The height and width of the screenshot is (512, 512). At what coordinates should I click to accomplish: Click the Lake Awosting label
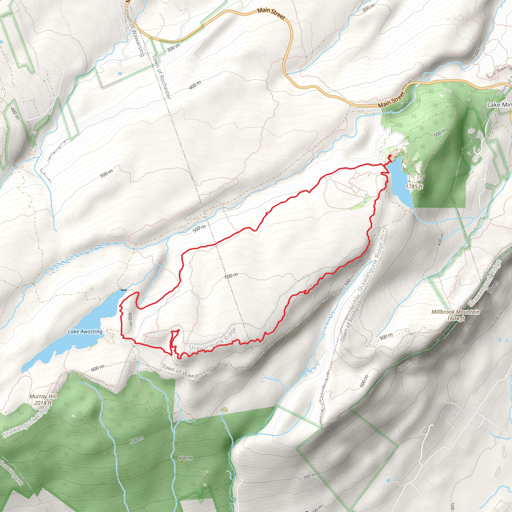click(x=85, y=331)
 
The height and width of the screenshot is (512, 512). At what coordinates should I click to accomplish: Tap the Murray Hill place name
click(x=43, y=396)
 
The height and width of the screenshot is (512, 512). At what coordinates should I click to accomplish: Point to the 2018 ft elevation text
click(x=43, y=403)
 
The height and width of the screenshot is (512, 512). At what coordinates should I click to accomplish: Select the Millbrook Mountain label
click(x=455, y=312)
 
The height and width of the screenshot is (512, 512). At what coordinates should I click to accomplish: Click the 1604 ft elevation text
click(x=456, y=318)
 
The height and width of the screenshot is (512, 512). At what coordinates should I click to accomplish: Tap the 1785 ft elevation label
click(x=414, y=186)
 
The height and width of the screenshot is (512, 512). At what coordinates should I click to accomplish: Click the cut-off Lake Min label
click(x=499, y=105)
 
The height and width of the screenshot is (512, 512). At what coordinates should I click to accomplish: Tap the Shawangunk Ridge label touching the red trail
click(x=212, y=339)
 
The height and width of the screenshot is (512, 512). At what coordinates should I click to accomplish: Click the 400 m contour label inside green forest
click(x=185, y=458)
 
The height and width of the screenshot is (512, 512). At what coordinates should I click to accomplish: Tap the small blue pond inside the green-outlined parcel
click(x=120, y=73)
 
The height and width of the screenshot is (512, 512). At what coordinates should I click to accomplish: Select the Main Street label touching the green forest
click(x=392, y=99)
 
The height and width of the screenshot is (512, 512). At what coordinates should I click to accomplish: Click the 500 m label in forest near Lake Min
click(x=440, y=133)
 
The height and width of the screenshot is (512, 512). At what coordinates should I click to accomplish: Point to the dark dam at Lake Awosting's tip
click(x=123, y=290)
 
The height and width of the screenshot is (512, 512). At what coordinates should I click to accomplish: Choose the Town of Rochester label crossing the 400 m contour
click(x=162, y=77)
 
